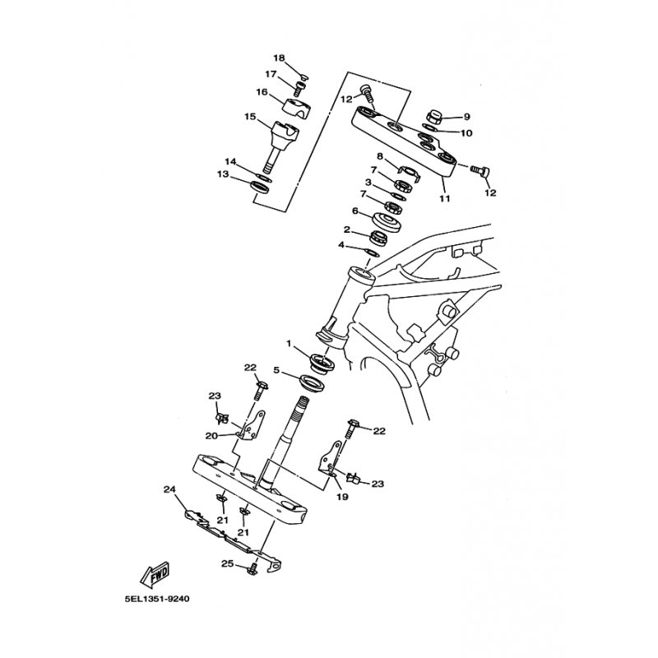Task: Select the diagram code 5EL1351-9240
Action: tap(157, 599)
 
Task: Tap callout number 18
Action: tap(279, 58)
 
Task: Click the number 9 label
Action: tap(467, 117)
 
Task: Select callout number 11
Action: tap(444, 198)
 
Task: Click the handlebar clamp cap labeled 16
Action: tap(297, 107)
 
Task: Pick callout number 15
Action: tap(250, 116)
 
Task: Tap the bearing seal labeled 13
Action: tap(260, 187)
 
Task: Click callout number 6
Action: tap(355, 211)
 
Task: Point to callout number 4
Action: tap(341, 244)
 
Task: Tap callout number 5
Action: tap(276, 371)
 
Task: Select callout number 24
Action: tap(169, 489)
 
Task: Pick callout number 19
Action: tap(343, 497)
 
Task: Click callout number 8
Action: tap(380, 156)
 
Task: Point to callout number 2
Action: tap(347, 229)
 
